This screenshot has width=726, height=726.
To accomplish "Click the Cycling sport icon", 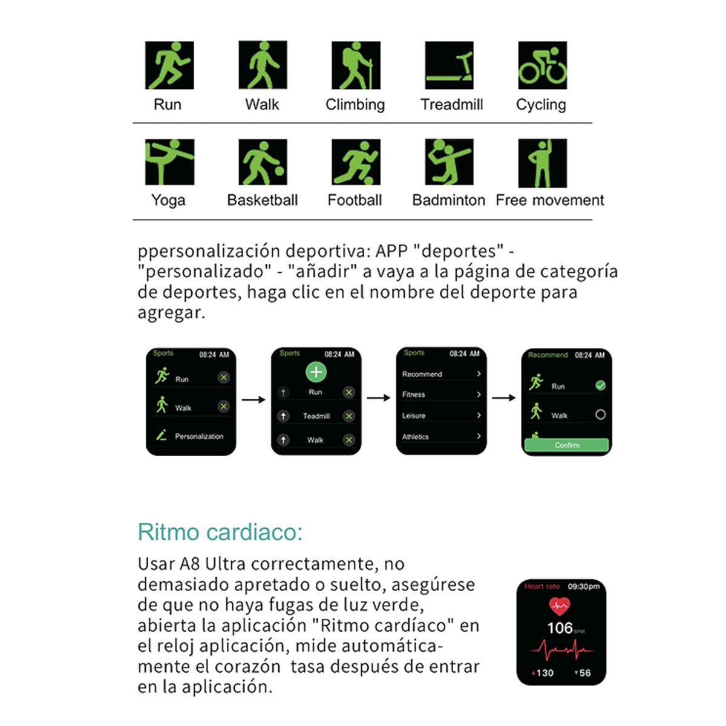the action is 542,65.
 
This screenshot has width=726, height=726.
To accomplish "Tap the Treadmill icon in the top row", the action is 449,65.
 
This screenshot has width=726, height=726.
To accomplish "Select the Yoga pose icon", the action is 169,162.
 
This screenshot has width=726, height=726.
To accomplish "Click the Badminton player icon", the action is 449,162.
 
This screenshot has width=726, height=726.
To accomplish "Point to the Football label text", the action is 355,200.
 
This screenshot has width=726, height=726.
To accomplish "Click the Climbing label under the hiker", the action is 355,105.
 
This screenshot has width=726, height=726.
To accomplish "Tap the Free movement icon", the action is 542,163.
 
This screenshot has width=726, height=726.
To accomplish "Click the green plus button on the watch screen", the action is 316,372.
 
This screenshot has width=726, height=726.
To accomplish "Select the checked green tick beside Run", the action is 600,385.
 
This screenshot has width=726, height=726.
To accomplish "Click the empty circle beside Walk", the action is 600,414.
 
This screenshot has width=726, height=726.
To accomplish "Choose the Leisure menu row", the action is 442,416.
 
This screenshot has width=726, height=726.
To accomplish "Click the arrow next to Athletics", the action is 479,436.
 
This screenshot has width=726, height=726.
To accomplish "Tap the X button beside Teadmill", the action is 349,416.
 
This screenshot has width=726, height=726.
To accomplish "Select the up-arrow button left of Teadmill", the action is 283,416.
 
